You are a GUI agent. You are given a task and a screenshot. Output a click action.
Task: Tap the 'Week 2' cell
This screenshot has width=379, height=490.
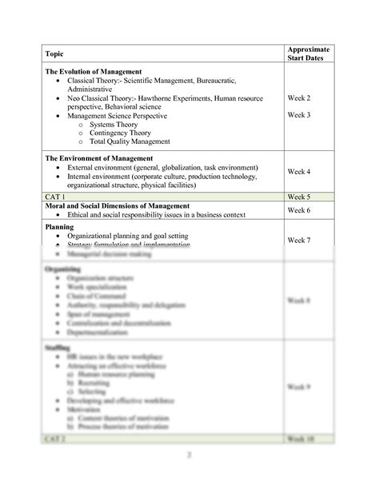[299, 98]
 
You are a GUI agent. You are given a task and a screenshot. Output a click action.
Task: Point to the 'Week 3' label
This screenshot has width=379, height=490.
[299, 115]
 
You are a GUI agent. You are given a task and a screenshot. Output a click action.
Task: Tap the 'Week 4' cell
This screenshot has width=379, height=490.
[299, 172]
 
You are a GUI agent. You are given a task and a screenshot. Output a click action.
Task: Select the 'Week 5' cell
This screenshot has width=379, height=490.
[299, 195]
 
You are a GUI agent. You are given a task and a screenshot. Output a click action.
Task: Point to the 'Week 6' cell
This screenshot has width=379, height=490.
[299, 210]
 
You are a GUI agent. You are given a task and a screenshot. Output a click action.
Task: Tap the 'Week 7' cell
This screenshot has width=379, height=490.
[299, 241]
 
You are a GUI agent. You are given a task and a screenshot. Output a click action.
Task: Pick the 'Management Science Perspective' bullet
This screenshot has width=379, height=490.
[118, 116]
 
